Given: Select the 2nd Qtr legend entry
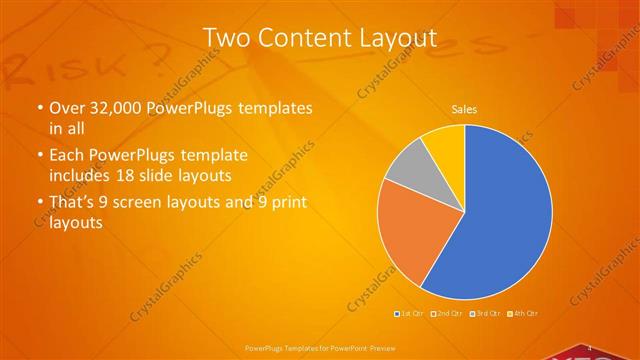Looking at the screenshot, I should click(448, 314).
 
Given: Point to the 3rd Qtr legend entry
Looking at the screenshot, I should click(486, 314).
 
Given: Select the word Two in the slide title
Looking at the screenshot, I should click(224, 38).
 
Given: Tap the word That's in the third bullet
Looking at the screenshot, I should click(73, 204).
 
